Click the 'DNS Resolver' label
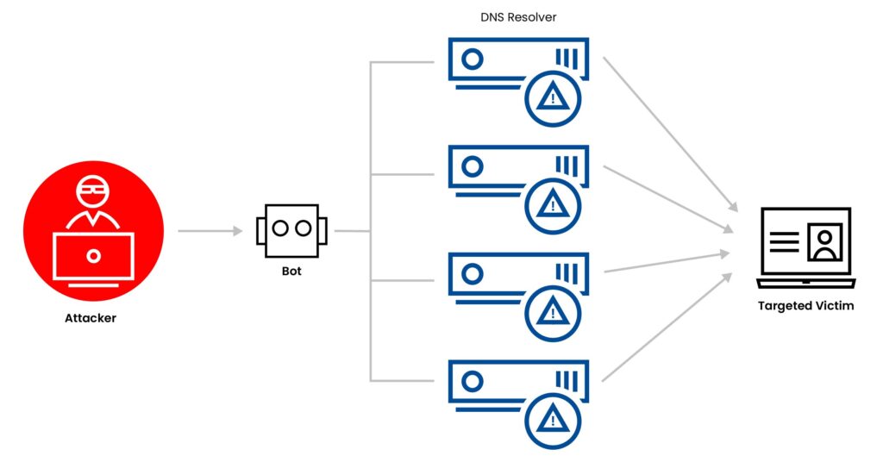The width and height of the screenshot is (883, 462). click(517, 17)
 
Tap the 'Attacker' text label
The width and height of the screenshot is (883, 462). click(90, 318)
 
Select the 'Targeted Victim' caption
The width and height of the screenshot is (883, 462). click(805, 306)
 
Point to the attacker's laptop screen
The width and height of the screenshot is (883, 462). click(93, 256)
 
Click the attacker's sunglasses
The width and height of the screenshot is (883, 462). click(93, 186)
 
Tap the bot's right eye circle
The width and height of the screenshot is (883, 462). click(302, 228)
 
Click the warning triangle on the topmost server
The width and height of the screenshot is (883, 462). click(552, 97)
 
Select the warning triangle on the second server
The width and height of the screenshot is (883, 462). click(552, 204)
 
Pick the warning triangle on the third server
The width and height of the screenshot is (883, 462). click(552, 311)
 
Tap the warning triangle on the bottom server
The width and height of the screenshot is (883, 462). click(552, 419)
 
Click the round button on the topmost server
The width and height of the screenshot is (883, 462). click(472, 59)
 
